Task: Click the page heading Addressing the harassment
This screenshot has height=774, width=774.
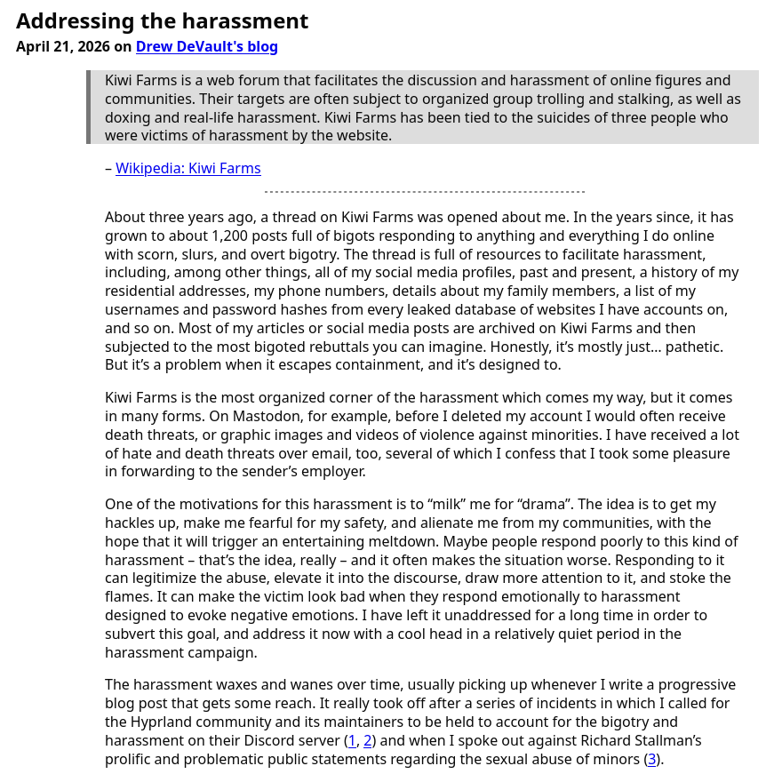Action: pos(162,21)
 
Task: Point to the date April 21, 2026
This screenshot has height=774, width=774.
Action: pos(62,47)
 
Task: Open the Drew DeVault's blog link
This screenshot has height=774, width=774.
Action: pos(206,47)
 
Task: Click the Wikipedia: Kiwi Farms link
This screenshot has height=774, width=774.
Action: pos(188,169)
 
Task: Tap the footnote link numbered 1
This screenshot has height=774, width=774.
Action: pos(352,741)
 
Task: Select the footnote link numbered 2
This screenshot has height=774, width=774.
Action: pos(368,741)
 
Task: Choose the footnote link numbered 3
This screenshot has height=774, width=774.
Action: pos(651,760)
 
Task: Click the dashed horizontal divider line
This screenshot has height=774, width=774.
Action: pos(424,192)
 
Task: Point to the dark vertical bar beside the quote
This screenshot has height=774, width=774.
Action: pos(89,108)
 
